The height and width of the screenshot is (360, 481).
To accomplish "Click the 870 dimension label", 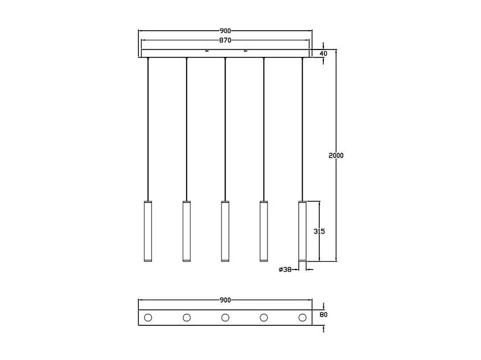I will [x=225, y=40].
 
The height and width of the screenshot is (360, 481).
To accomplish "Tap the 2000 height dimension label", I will [x=336, y=155].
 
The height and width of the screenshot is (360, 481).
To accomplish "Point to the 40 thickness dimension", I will [x=323, y=53].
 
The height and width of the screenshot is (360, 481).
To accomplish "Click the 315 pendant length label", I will [x=319, y=231].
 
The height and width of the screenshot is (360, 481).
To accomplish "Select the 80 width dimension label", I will [x=323, y=315].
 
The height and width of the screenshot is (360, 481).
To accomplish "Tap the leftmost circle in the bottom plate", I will [x=148, y=317].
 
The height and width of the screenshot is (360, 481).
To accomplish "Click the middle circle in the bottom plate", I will [x=225, y=317].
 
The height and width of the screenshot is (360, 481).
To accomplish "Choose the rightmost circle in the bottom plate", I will [x=302, y=317].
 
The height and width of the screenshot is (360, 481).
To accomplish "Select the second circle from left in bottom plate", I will [x=187, y=317].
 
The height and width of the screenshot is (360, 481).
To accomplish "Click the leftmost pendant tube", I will [x=148, y=231].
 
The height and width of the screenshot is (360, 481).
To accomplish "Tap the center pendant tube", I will [x=225, y=231].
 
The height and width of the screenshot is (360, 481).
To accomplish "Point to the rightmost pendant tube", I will [x=302, y=231].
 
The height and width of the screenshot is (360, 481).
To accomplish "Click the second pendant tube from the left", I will [x=186, y=231].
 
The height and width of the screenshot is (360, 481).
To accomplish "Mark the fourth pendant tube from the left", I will [x=264, y=231].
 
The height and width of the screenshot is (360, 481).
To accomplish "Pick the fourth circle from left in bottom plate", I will [x=264, y=317].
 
